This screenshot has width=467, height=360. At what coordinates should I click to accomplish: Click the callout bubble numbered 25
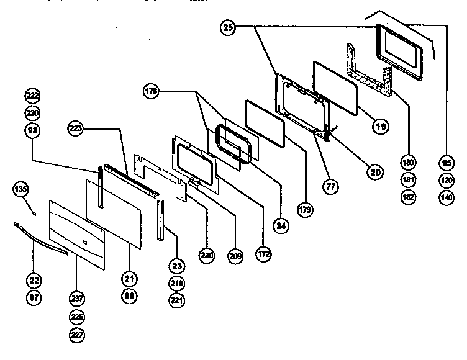pos(228,27)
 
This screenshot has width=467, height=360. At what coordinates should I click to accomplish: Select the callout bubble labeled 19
pos(381,126)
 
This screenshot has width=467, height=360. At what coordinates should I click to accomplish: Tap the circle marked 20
pos(373,173)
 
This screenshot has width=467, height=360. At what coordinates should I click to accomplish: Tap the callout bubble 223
pos(75,128)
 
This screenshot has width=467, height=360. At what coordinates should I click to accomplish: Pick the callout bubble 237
pos(76,299)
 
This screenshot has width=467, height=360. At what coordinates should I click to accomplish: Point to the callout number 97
pos(33,299)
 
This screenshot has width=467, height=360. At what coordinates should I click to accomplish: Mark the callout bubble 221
pos(178,300)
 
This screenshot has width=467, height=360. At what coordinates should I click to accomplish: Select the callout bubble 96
pos(130,297)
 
